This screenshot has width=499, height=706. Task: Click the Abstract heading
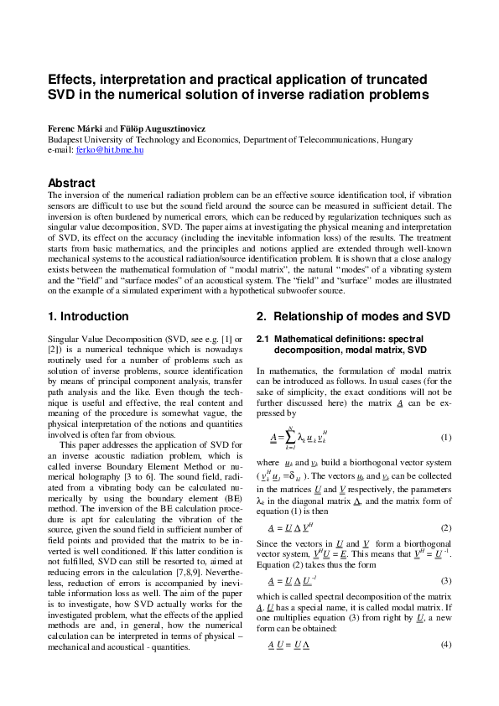click(71, 183)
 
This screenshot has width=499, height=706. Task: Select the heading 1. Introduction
click(88, 316)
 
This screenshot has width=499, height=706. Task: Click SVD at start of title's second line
click(63, 96)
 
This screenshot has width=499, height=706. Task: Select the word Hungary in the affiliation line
click(386, 139)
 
